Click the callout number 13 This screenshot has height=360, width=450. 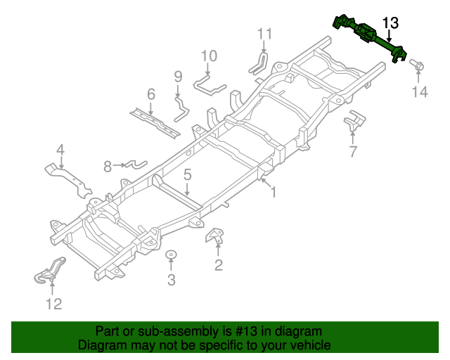(x=390, y=23)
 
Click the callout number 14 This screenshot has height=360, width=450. (x=420, y=92)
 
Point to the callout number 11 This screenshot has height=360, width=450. (x=264, y=34)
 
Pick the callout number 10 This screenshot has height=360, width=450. (x=210, y=56)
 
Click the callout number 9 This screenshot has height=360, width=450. (x=178, y=76)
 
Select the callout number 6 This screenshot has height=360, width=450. (x=150, y=94)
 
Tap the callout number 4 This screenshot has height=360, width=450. (x=60, y=149)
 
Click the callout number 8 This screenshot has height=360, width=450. (x=108, y=167)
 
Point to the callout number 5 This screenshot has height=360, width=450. (x=188, y=174)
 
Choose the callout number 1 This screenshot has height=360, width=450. (x=274, y=191)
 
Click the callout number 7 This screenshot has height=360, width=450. (x=353, y=150)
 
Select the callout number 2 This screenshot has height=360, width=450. (x=219, y=264)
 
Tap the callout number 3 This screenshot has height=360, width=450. (x=171, y=281)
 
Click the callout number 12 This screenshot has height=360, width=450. (x=53, y=304)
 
